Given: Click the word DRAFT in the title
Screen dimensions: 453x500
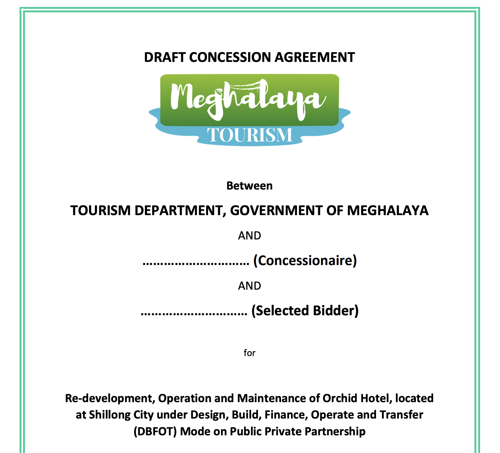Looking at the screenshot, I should [x=165, y=57].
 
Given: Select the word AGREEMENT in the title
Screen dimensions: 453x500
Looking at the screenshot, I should [x=315, y=57].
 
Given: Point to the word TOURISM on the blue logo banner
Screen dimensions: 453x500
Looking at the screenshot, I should [x=250, y=135].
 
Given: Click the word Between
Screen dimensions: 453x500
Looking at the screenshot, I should [x=249, y=186].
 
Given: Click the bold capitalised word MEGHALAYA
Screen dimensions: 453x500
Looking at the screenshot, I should [x=388, y=211].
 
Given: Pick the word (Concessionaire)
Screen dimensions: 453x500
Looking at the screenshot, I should [x=305, y=261].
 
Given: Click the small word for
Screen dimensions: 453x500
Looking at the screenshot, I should [x=249, y=353].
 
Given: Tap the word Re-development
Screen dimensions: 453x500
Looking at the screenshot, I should [x=110, y=398].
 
